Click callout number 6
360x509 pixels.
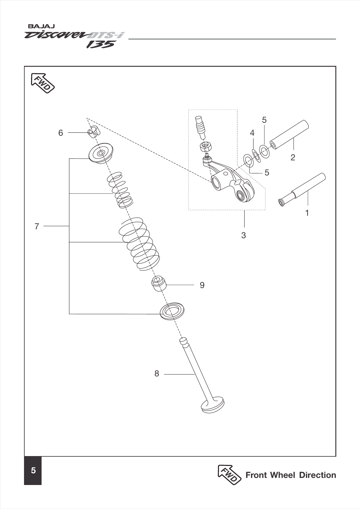[x=61, y=133]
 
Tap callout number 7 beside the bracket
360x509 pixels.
[x=37, y=226]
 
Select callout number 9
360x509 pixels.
[x=202, y=285]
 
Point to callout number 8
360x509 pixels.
[x=157, y=374]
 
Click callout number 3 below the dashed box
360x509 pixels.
[x=244, y=235]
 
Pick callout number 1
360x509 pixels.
[x=307, y=213]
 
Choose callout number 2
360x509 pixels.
[x=293, y=158]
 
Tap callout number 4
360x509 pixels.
[x=252, y=133]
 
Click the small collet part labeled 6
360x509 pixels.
[x=93, y=131]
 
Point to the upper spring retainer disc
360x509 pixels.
[x=101, y=153]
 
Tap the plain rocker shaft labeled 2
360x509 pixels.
[x=289, y=135]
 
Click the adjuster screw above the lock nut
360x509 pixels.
[x=200, y=126]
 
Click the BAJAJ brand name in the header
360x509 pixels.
[x=41, y=26]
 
